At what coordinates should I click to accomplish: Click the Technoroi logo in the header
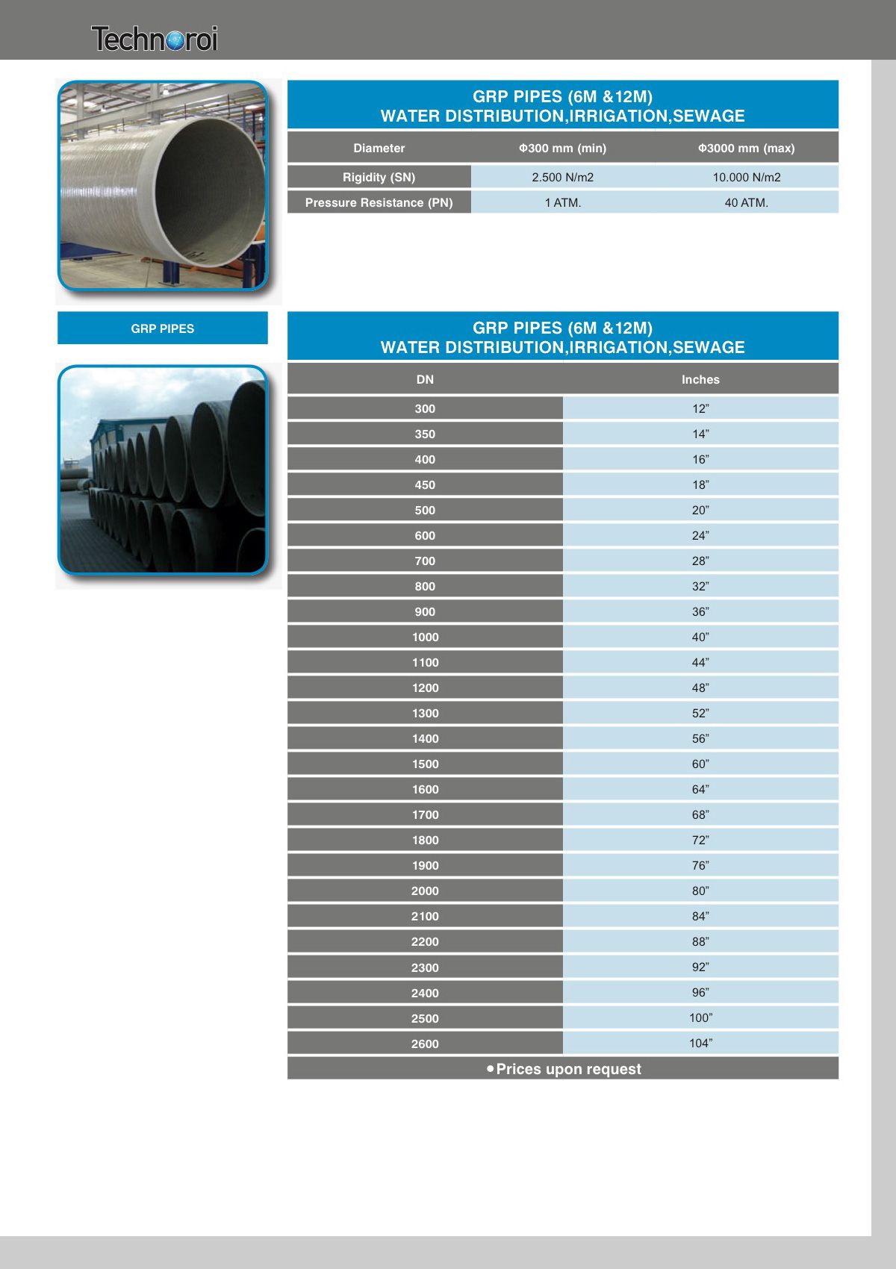click(x=155, y=39)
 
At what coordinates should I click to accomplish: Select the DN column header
click(x=425, y=379)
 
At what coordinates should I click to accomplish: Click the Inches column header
click(x=700, y=379)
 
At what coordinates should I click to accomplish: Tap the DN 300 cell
click(x=425, y=408)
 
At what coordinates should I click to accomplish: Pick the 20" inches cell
click(x=700, y=510)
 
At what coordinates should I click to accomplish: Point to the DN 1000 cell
click(x=425, y=637)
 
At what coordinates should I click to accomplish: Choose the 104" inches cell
click(x=700, y=1043)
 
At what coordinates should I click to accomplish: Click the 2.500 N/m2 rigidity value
click(x=562, y=177)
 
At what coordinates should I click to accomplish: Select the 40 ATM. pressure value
click(x=746, y=202)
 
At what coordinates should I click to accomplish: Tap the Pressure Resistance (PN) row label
click(x=379, y=202)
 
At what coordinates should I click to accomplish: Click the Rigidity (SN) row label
click(x=379, y=177)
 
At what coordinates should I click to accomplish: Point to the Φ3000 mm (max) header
click(x=746, y=148)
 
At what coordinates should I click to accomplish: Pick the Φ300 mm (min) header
click(x=562, y=148)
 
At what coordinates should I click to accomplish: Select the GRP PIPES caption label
click(x=162, y=328)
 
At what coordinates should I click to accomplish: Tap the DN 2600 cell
click(x=425, y=1044)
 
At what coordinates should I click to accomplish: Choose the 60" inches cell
click(x=700, y=764)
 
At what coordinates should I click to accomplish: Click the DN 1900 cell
click(x=425, y=865)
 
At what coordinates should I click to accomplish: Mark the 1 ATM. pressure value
click(x=562, y=202)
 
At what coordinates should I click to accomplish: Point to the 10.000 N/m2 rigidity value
click(x=746, y=177)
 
